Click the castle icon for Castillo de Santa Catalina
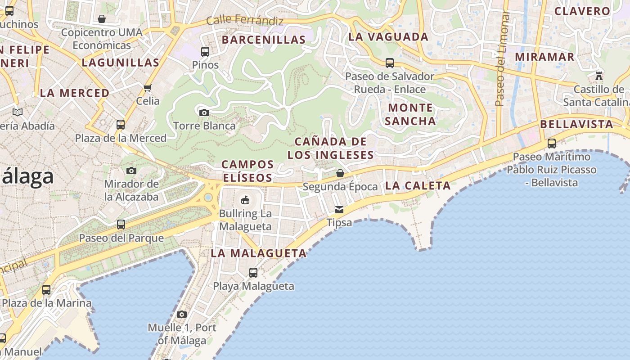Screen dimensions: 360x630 (598, 76)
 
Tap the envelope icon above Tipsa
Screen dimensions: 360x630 (339, 210)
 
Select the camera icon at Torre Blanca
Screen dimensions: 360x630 (204, 112)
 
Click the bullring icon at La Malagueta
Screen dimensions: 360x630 (245, 200)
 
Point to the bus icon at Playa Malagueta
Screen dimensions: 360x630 (253, 273)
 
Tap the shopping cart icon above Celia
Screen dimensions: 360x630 (148, 88)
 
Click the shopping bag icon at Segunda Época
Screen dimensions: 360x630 (340, 173)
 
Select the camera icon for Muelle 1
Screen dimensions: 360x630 (182, 314)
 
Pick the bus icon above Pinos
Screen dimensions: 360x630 (205, 52)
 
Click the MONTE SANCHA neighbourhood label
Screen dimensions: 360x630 (410, 114)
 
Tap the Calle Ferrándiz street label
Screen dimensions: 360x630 (245, 21)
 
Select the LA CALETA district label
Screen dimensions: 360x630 (418, 185)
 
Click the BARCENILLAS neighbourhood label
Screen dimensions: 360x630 (264, 40)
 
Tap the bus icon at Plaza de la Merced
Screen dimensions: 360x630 (121, 125)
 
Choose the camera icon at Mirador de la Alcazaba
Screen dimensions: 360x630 (131, 171)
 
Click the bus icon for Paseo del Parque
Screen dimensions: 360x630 (121, 224)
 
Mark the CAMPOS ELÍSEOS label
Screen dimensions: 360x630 (247, 171)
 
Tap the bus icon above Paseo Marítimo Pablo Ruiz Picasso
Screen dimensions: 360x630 (552, 144)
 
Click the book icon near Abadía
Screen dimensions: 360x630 (18, 112)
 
